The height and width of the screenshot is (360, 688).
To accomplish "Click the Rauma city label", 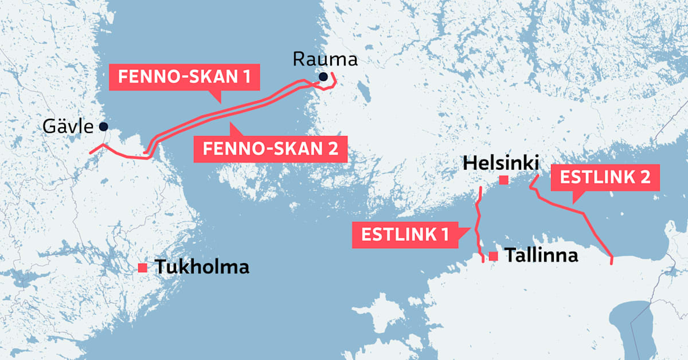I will (x=325, y=59).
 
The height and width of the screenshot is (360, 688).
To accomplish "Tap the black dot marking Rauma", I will (x=324, y=77).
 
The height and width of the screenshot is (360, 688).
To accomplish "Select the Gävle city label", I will (x=68, y=126).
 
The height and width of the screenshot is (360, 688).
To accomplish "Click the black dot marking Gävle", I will (x=103, y=126).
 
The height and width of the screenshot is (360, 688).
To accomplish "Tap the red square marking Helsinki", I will (x=503, y=180).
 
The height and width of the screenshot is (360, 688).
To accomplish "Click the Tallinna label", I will (x=541, y=256).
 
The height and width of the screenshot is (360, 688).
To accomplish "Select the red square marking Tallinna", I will (x=493, y=256).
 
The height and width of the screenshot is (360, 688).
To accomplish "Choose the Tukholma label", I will (x=202, y=267).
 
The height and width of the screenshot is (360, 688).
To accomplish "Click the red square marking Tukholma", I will (x=143, y=268).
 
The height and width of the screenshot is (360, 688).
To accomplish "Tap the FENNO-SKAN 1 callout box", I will (x=184, y=77).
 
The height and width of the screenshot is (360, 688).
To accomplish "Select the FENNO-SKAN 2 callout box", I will (x=270, y=149).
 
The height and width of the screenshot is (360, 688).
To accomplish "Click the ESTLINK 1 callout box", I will (x=405, y=235).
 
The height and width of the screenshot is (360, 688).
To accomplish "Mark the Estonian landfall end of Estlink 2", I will (x=612, y=263).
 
